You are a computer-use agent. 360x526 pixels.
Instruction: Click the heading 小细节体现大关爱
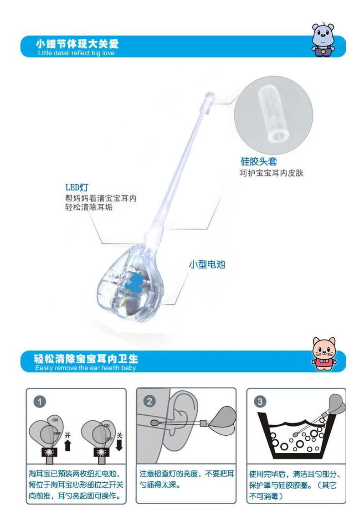77,44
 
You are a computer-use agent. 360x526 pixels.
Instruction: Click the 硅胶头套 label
258,161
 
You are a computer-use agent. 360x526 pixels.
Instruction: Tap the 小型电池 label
207,264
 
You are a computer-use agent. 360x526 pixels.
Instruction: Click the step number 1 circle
40,402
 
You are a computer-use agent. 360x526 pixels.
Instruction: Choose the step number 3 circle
260,402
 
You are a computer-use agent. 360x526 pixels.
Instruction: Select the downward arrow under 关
119,444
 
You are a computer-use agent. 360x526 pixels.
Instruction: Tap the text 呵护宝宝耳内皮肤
271,173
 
